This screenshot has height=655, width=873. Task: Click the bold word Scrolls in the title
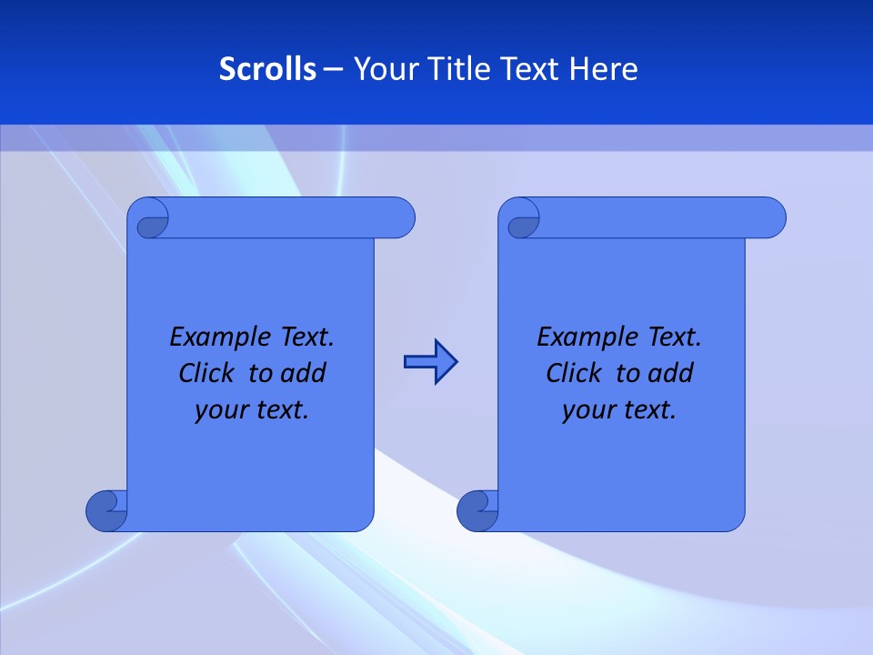(268, 69)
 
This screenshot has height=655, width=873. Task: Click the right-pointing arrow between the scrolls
(430, 363)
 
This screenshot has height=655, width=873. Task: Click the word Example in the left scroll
(216, 338)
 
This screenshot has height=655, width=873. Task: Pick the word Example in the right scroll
(584, 338)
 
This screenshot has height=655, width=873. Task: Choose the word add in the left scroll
(304, 374)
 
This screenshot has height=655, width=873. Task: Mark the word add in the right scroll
(671, 374)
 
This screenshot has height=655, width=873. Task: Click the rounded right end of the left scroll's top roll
(400, 218)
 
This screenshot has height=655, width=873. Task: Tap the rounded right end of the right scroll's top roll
(771, 218)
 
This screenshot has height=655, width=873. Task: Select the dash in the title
(334, 69)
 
